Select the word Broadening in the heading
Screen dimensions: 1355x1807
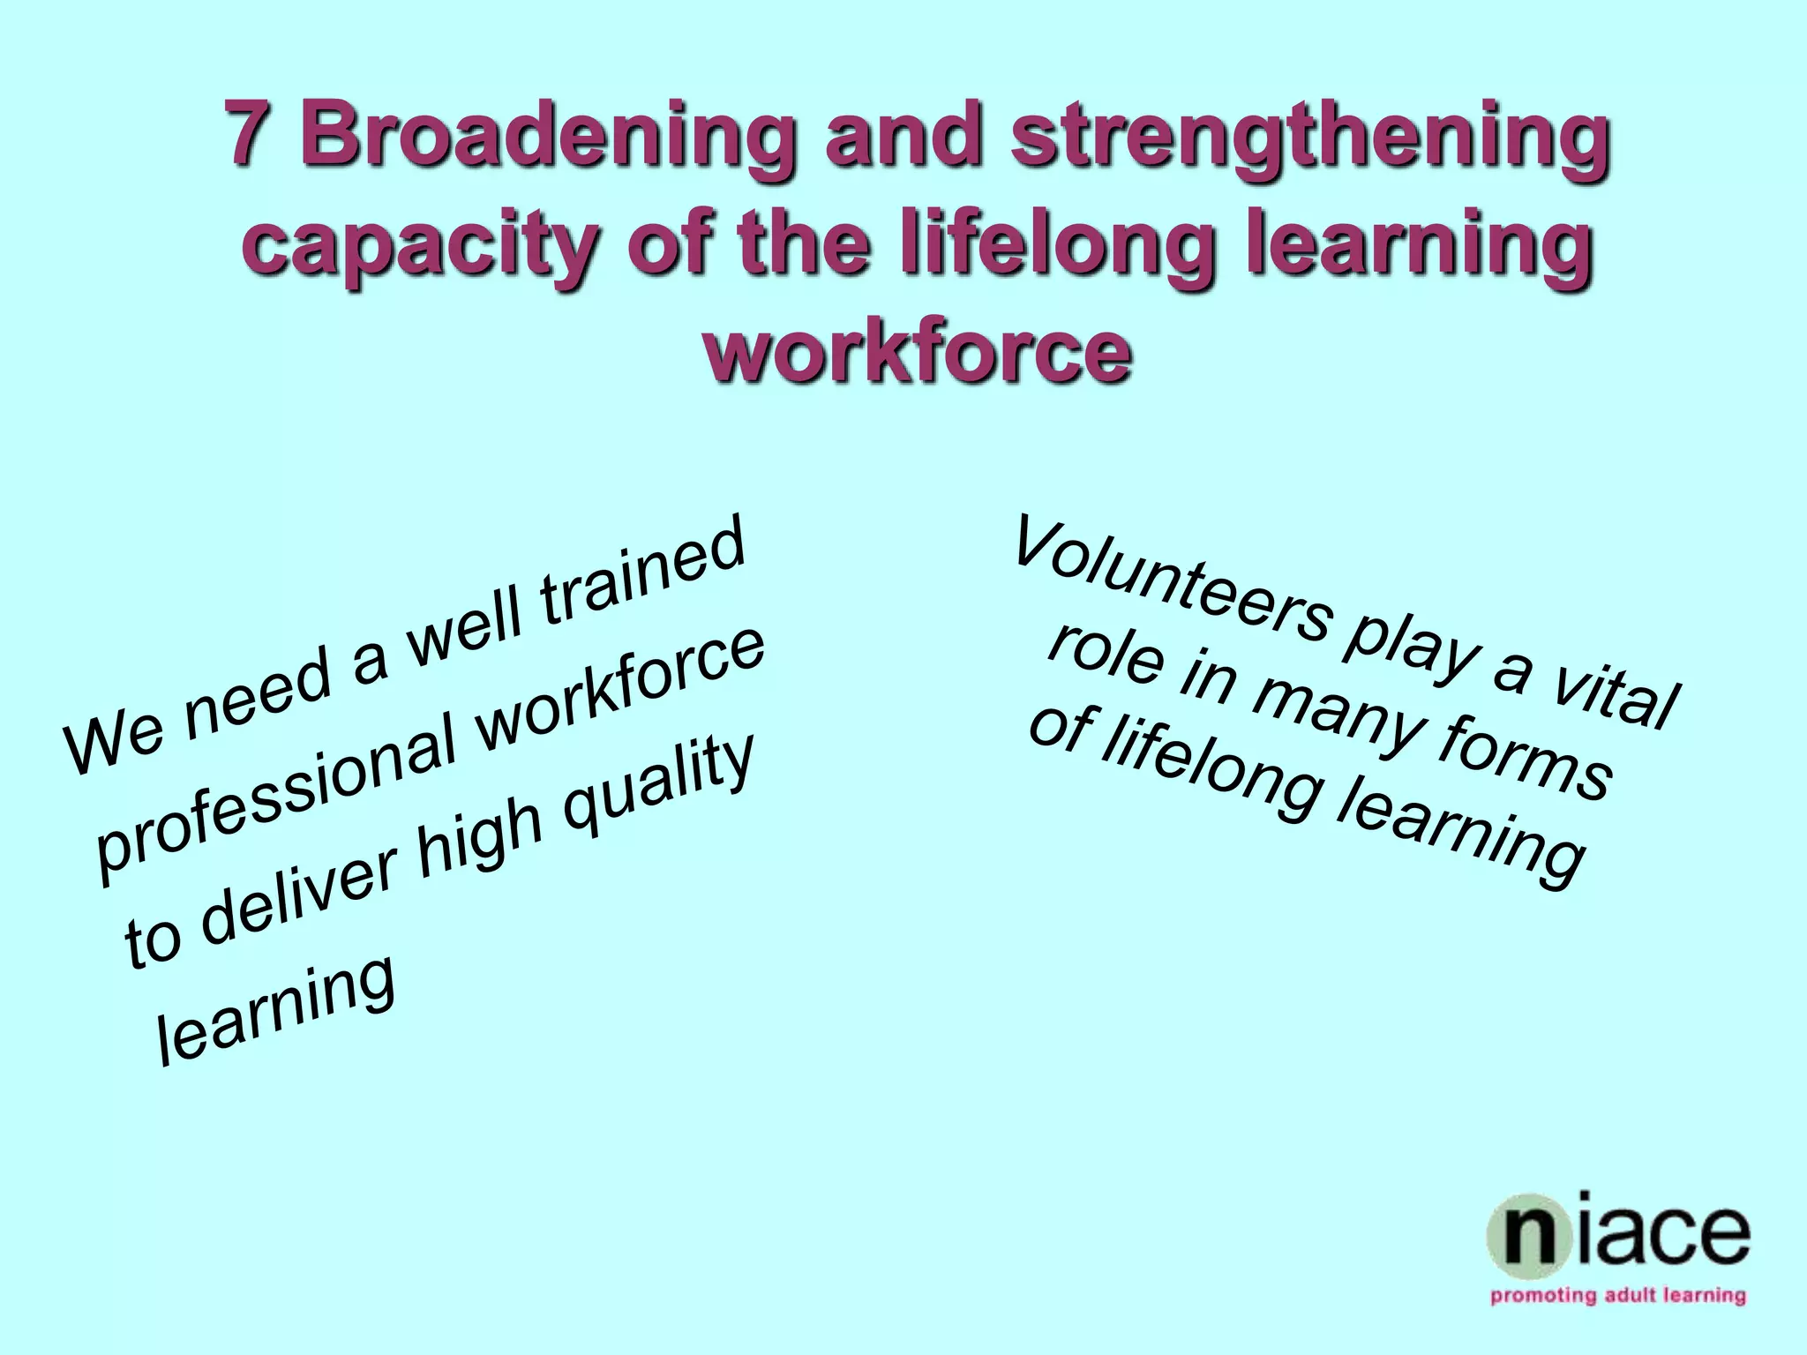[547, 134]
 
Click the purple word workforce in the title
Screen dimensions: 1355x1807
[918, 351]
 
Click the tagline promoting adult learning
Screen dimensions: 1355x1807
[1618, 1296]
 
